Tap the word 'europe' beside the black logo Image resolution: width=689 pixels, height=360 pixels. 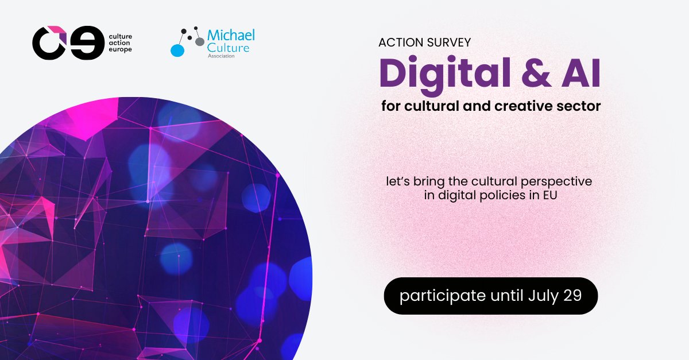119,51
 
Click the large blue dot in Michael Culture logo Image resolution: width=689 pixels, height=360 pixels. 177,50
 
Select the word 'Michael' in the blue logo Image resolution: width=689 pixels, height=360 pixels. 232,36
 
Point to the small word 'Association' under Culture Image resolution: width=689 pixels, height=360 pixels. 221,56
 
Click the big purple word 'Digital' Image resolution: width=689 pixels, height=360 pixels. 451,73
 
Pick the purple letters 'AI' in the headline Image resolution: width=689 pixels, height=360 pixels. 585,73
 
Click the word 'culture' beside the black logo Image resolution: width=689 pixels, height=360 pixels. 121,36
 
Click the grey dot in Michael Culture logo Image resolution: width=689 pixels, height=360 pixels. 199,42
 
